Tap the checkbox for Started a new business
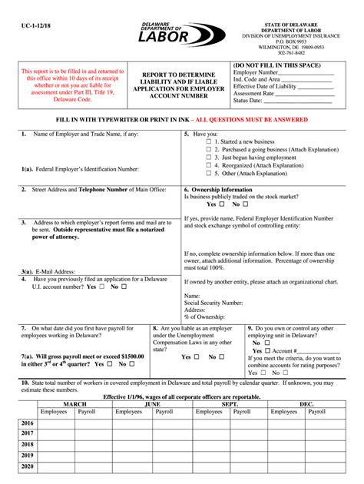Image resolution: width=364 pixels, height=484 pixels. point(209,142)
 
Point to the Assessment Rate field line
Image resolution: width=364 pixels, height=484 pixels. point(305,93)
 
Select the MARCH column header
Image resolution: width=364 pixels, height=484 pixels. point(74,403)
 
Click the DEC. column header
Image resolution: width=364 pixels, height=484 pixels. point(306,403)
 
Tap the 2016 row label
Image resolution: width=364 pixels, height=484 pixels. point(27,423)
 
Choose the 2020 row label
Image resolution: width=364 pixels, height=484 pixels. point(27,466)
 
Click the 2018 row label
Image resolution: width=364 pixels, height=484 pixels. point(27,445)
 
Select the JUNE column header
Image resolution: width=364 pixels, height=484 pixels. point(152,403)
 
